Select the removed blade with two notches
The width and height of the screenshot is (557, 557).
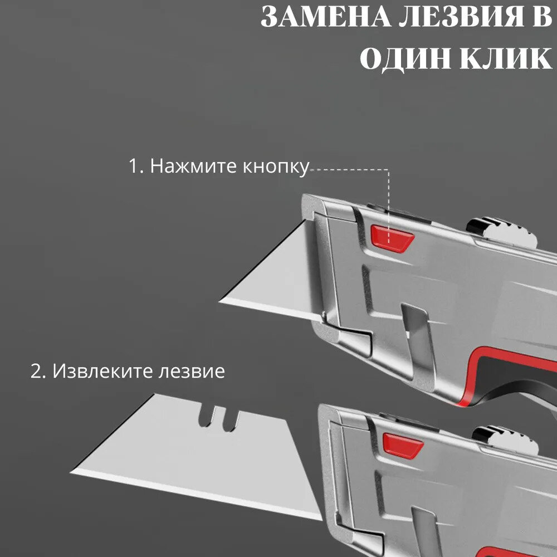click(x=184, y=446)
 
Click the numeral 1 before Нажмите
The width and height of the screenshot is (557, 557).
click(x=134, y=167)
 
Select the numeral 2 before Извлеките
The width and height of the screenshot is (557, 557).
click(x=36, y=372)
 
